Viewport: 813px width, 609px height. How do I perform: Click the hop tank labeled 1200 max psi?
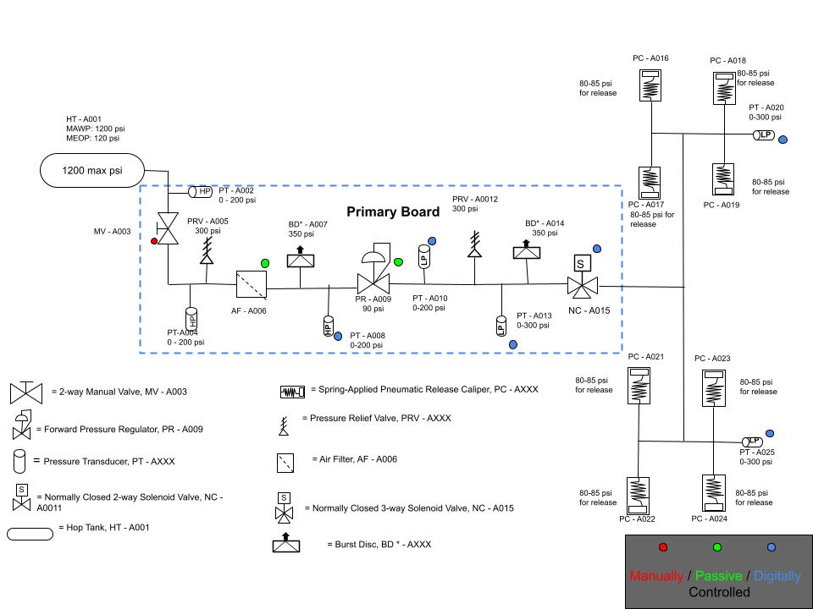[x=91, y=170]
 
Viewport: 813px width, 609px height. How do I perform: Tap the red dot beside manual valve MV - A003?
[x=154, y=241]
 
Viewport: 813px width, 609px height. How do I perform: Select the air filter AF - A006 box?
[x=252, y=285]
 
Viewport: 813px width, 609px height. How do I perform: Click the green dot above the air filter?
[x=265, y=263]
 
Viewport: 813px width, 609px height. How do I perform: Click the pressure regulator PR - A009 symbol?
[x=374, y=272]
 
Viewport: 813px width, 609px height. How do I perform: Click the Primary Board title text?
[x=393, y=211]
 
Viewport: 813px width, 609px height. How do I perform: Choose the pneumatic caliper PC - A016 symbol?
[x=651, y=85]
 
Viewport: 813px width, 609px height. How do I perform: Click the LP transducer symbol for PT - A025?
[x=752, y=442]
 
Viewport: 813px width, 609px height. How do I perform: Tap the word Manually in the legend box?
[x=656, y=576]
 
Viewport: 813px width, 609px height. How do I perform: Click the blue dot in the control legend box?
[x=772, y=547]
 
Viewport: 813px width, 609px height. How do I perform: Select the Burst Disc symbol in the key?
[x=286, y=543]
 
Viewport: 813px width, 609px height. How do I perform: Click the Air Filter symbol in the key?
[x=285, y=463]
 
